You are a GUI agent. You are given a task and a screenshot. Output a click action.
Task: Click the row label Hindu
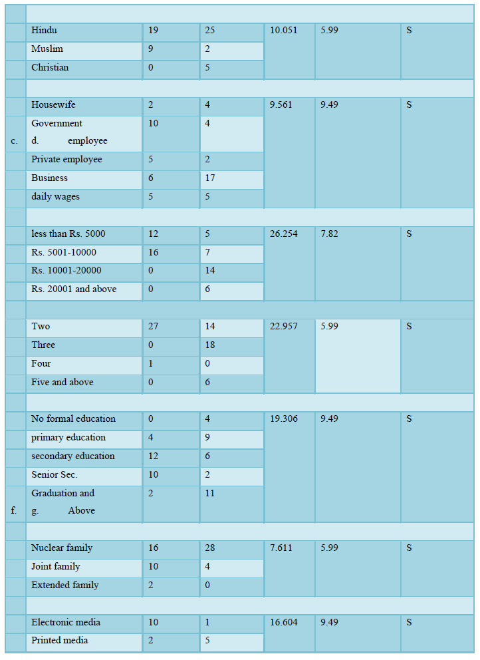[44, 31]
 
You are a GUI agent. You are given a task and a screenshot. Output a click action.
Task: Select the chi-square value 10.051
[284, 31]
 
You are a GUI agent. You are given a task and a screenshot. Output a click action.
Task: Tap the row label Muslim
[47, 49]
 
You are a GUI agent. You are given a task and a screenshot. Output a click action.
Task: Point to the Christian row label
[50, 68]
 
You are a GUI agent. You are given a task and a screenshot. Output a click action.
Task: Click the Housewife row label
[53, 105]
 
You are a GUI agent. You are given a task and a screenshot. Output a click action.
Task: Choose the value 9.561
[281, 105]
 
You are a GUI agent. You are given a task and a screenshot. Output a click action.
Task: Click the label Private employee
[66, 160]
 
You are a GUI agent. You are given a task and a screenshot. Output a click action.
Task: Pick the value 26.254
[284, 234]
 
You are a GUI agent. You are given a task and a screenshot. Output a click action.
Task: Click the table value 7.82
[329, 234]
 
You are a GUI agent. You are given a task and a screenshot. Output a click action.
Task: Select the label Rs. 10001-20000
[66, 271]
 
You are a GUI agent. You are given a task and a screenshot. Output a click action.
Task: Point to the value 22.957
[284, 327]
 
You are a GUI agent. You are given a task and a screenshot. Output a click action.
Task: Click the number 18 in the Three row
[209, 345]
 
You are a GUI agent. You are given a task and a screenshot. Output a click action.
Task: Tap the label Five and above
[62, 383]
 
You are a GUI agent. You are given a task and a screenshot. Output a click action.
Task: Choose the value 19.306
[284, 419]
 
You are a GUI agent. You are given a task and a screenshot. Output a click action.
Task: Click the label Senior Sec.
[55, 475]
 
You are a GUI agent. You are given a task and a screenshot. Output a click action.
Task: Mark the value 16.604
[284, 623]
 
